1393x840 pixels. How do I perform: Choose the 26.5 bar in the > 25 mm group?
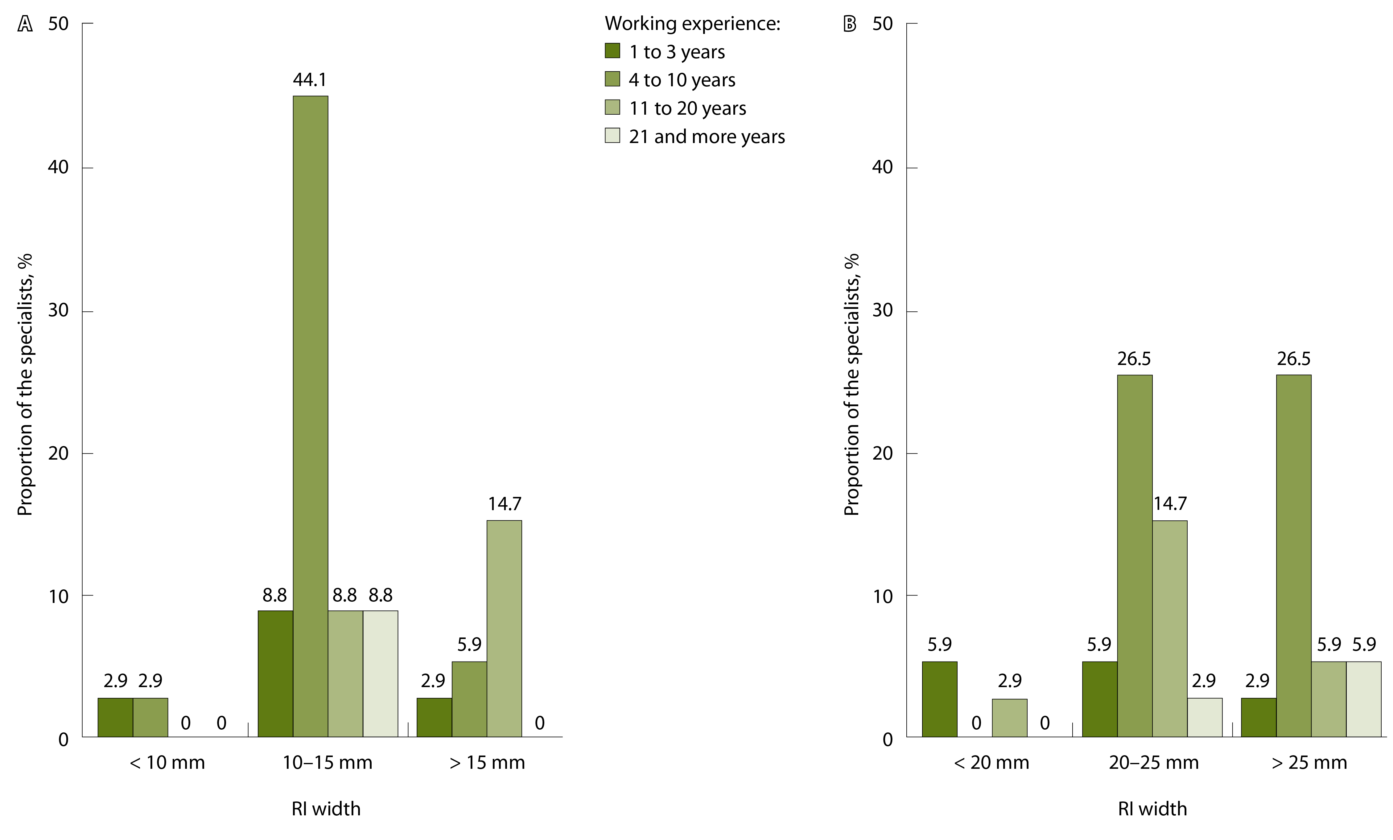click(x=1293, y=556)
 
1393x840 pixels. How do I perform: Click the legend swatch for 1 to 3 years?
click(x=612, y=51)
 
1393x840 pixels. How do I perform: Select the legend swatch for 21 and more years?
click(x=612, y=136)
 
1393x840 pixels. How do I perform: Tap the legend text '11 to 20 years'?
click(x=687, y=108)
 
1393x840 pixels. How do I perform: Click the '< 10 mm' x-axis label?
click(x=167, y=763)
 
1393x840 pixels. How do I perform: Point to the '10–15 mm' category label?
click(x=327, y=763)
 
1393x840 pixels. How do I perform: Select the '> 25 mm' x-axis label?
click(x=1309, y=763)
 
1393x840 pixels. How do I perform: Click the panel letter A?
click(x=25, y=24)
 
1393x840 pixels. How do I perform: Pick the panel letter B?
click(x=849, y=24)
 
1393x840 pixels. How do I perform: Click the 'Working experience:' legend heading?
click(x=693, y=23)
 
